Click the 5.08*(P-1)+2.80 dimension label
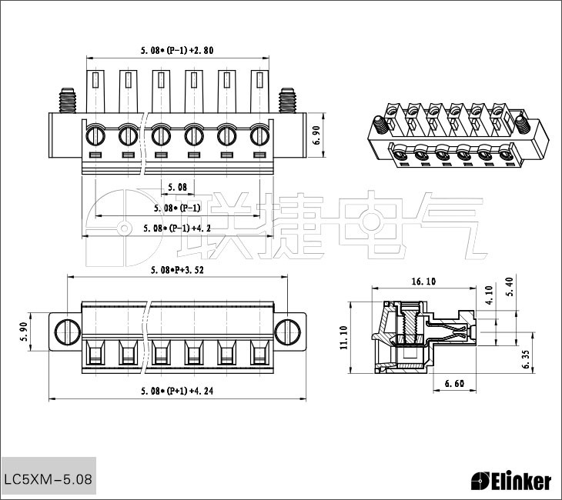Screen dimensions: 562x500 [x=177, y=50]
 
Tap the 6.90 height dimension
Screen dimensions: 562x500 [x=317, y=135]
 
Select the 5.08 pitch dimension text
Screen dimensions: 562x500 [x=177, y=187]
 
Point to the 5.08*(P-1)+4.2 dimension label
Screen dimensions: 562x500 [x=177, y=228]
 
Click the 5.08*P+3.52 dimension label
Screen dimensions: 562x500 [x=177, y=270]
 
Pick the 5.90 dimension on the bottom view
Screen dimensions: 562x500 [x=24, y=332]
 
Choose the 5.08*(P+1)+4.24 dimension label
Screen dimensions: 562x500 [x=177, y=391]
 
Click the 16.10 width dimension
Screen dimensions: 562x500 [x=423, y=282]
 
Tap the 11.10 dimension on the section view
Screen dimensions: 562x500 [x=343, y=338]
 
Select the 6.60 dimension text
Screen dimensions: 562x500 [x=454, y=384]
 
